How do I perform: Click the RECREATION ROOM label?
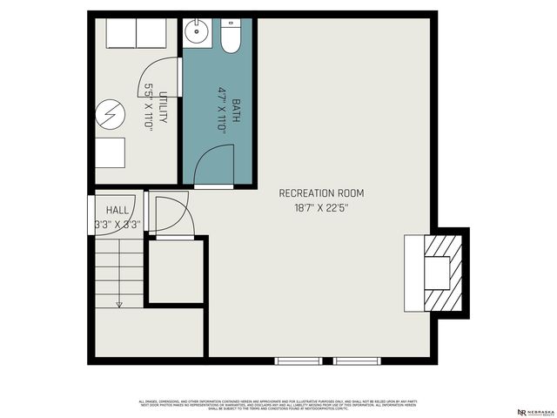pos(321,193)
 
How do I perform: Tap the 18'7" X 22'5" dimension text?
pos(321,208)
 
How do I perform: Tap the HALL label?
pos(117,211)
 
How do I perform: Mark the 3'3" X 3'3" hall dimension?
pos(117,225)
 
